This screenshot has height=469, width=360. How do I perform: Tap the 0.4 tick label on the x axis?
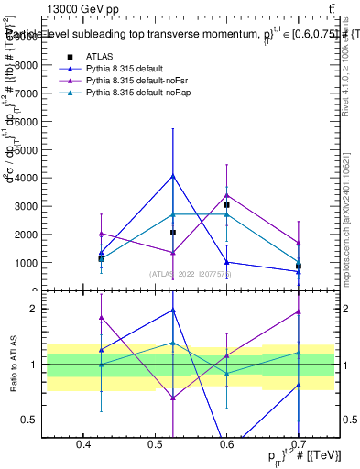(x=83, y=444)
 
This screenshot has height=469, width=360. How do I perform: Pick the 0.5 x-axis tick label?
(x=155, y=444)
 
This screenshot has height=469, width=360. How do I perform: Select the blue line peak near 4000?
(x=172, y=175)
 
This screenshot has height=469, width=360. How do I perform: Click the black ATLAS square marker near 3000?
(x=226, y=205)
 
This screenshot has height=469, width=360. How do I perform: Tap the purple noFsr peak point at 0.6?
(x=226, y=194)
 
